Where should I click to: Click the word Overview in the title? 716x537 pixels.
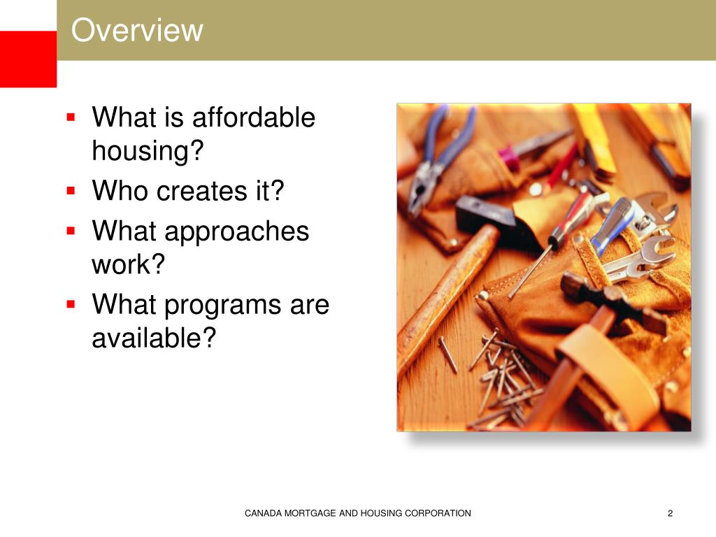[x=137, y=31]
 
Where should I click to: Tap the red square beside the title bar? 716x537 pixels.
[x=28, y=59]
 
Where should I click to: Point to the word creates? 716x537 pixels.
[x=198, y=191]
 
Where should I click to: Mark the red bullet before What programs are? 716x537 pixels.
[x=71, y=304]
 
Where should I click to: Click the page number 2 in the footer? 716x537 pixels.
[x=670, y=514]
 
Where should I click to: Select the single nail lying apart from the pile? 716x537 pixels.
[x=447, y=354]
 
